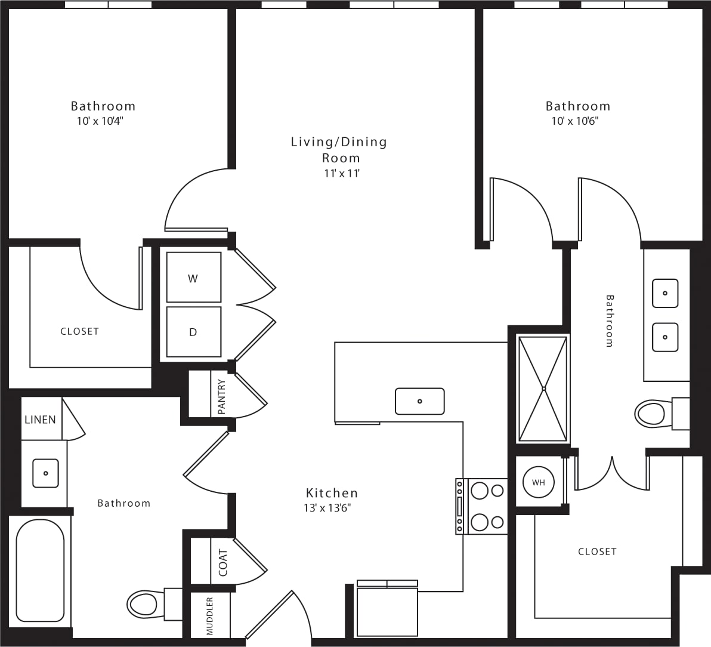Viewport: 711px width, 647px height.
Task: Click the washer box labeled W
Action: tap(193, 278)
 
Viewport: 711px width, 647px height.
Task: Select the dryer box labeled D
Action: tap(193, 332)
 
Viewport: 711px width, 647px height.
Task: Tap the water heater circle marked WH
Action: tap(538, 482)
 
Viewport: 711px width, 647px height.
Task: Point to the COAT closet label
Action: tap(223, 562)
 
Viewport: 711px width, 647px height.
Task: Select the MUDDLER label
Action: tap(210, 616)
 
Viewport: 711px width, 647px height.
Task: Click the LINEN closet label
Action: tap(40, 420)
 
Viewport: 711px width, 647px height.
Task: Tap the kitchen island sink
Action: tap(420, 401)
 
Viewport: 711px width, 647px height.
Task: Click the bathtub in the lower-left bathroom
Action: tap(40, 571)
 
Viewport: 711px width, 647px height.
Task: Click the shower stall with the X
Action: tap(543, 389)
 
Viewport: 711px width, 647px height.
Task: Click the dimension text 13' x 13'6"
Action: tap(327, 509)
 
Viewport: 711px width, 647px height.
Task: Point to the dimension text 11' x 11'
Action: tap(342, 174)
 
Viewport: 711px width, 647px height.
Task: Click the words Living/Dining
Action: tap(339, 142)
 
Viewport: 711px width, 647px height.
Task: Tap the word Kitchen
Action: tap(332, 493)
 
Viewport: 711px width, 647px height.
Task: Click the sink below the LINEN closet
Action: tap(45, 473)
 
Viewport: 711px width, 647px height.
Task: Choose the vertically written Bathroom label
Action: tap(610, 321)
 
